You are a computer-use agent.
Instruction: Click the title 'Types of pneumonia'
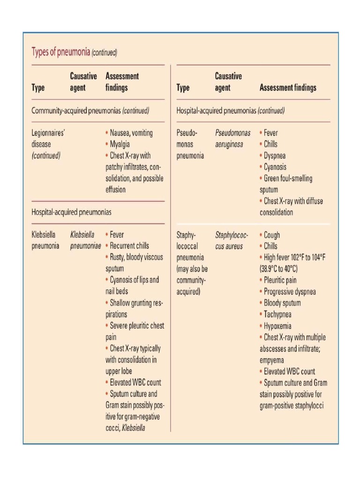(x=60, y=52)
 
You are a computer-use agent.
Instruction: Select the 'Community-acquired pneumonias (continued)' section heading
(x=90, y=111)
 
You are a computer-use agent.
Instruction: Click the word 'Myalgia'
(x=120, y=144)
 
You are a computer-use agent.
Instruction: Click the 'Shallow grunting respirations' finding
(x=134, y=308)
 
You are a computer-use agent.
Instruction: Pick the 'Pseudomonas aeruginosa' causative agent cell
(x=232, y=139)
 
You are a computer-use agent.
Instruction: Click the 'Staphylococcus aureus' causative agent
(x=232, y=240)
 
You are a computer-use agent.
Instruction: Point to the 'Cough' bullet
(x=271, y=235)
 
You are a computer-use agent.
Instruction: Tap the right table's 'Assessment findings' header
(x=287, y=88)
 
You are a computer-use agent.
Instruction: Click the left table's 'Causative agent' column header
(x=83, y=82)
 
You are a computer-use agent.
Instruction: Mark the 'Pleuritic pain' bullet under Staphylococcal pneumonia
(x=279, y=280)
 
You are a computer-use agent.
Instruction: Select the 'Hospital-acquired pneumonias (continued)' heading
(x=230, y=111)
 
